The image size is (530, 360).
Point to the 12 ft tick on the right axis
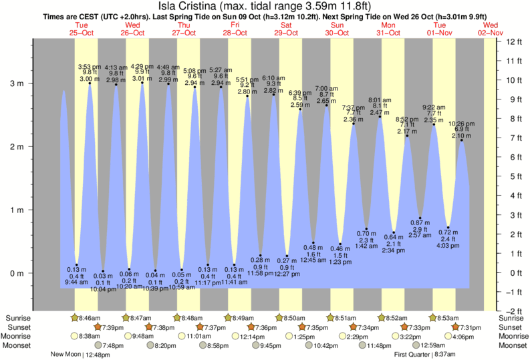click(x=514, y=41)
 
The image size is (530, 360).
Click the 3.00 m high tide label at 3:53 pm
click(x=89, y=79)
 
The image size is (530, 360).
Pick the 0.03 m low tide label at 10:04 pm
click(x=102, y=276)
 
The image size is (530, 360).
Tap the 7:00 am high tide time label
click(x=325, y=88)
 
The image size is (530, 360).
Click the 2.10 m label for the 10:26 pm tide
click(x=460, y=136)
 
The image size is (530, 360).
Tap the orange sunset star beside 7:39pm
click(x=98, y=327)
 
